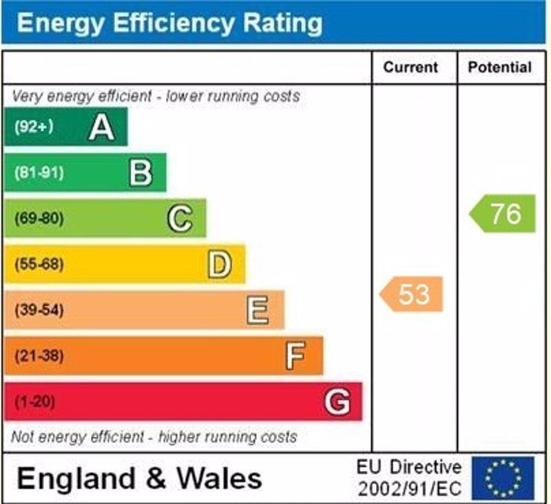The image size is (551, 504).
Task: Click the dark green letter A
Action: pos(101,127)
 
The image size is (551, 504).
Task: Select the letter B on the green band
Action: pos(141,173)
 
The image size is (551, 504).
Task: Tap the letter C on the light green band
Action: pos(180,219)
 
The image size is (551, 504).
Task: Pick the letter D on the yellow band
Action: pos(219,265)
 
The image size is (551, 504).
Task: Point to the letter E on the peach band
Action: pos(258,310)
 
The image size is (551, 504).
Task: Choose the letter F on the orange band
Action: pos(295,356)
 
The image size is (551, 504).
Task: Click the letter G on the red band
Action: pos(337,402)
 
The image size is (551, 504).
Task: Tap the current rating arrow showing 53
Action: pos(412,294)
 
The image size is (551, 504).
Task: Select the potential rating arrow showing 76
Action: pos(503,214)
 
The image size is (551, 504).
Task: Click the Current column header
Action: pos(410,68)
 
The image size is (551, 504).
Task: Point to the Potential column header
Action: pos(500,68)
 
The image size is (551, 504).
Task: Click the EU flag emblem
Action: pos(503,478)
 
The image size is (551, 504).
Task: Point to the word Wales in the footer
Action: pos(219,478)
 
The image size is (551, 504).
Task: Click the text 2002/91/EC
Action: pos(409,489)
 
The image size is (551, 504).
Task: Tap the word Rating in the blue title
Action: pos(280,23)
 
